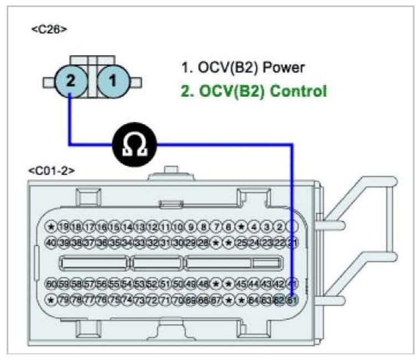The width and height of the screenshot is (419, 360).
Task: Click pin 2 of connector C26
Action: pos(70,81)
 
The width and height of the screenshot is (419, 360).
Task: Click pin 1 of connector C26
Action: pos(112,81)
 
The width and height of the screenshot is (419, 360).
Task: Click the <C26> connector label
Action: pos(49,29)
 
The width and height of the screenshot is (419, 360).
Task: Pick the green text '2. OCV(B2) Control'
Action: pos(254,90)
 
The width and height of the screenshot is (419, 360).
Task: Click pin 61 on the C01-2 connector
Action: pos(293,300)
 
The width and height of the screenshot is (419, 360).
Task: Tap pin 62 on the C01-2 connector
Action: pos(280,300)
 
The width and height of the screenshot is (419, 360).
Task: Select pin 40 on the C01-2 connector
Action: pos(51,242)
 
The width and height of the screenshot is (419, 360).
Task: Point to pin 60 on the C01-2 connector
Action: pos(51,284)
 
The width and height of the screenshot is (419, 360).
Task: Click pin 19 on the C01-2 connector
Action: pos(64,226)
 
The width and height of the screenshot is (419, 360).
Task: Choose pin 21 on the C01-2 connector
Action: pos(293,242)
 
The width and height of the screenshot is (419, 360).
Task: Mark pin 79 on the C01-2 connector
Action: pos(64,300)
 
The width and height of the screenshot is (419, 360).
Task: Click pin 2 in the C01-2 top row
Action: pos(280,226)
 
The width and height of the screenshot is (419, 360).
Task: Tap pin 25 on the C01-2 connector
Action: pos(241,242)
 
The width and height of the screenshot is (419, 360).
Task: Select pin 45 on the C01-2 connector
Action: pos(241,284)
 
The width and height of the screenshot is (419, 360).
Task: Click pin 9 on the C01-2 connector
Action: pos(191,226)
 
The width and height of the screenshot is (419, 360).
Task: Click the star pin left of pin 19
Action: pos(51,226)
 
